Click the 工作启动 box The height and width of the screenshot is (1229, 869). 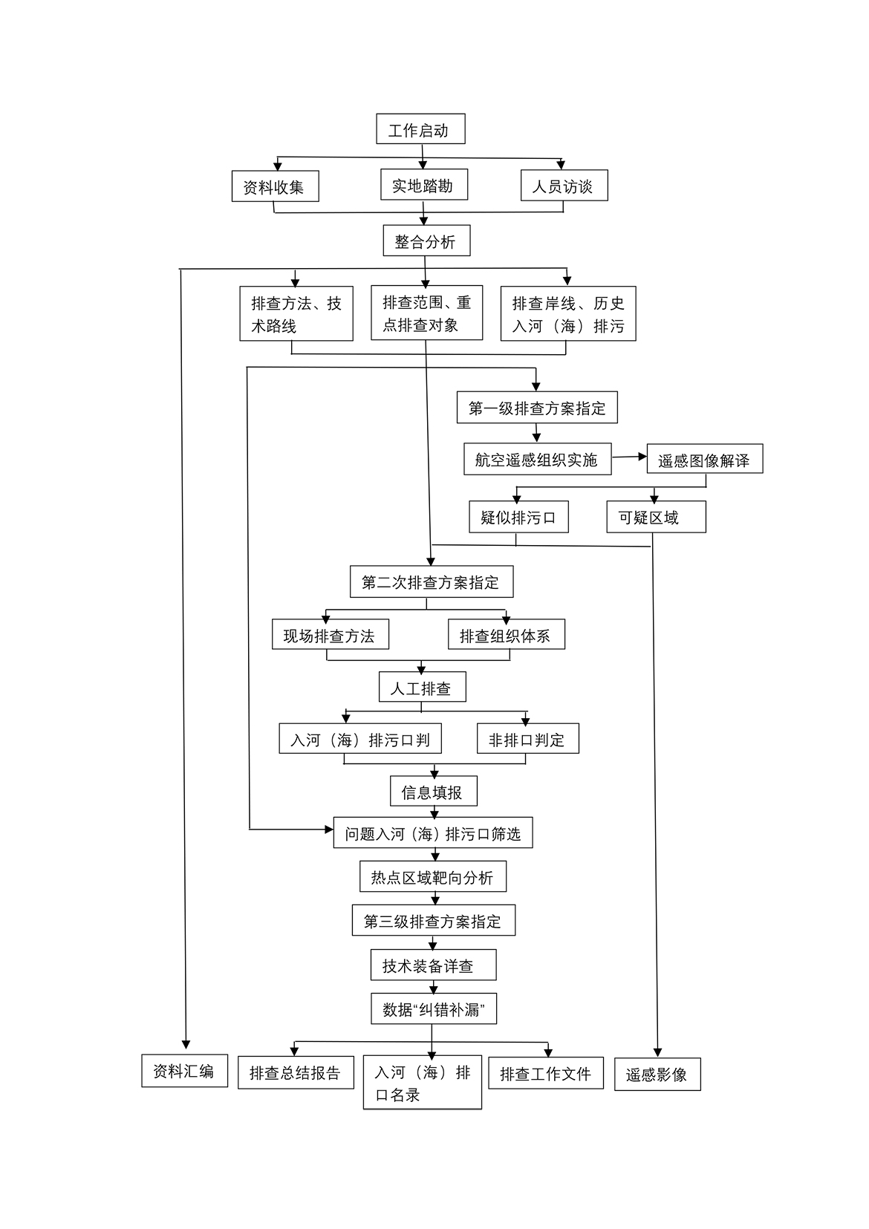[420, 130]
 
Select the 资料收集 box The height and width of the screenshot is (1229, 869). [275, 186]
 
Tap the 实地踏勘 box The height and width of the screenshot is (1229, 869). [423, 185]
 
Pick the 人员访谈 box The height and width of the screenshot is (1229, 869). [564, 186]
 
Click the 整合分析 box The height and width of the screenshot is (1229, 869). [426, 241]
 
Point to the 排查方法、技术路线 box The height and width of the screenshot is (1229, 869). [296, 313]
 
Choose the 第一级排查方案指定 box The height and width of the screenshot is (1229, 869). [537, 408]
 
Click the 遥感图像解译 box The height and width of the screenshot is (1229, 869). [704, 460]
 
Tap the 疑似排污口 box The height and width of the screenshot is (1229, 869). [518, 517]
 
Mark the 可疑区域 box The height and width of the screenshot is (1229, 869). [655, 517]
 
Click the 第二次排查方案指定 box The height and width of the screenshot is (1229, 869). [432, 582]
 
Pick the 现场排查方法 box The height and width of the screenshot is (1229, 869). [330, 635]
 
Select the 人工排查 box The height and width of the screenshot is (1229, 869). [422, 688]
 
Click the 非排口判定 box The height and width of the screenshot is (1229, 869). [527, 739]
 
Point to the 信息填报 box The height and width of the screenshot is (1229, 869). [433, 792]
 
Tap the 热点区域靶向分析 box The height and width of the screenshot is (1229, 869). [433, 877]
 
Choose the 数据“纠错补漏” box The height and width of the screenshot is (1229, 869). [434, 1009]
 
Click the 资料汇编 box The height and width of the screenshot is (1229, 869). [184, 1071]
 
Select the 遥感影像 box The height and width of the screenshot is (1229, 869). [657, 1074]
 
